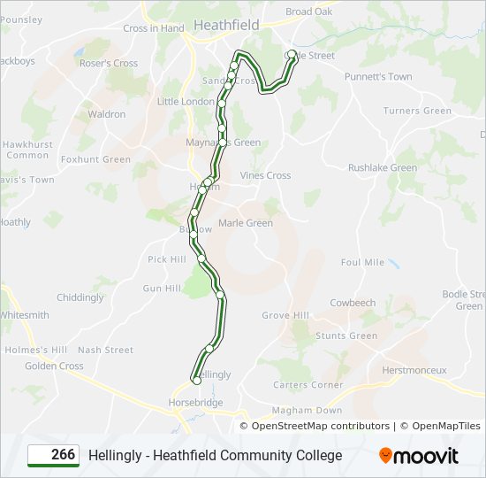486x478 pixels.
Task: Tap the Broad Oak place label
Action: click(309, 12)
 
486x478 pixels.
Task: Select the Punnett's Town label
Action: click(378, 77)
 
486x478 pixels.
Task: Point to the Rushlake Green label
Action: click(382, 167)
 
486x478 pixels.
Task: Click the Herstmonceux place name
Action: click(414, 370)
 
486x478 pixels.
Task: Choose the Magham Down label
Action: click(307, 411)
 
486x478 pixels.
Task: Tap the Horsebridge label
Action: click(195, 402)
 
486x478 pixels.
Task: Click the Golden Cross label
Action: click(54, 366)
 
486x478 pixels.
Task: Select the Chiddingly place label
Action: click(80, 297)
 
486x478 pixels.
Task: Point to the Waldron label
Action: click(106, 114)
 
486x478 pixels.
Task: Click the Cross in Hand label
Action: click(154, 28)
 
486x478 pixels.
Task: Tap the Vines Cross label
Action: click(265, 175)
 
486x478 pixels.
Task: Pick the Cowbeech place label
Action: click(353, 303)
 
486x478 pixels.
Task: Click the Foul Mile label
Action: click(362, 262)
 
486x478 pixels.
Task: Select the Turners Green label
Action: click(417, 111)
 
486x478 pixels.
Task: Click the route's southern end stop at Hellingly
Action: click(196, 381)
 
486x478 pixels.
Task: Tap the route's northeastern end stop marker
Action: click(292, 54)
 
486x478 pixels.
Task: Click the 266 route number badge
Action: click(53, 455)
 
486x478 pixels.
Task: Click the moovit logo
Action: click(419, 456)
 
